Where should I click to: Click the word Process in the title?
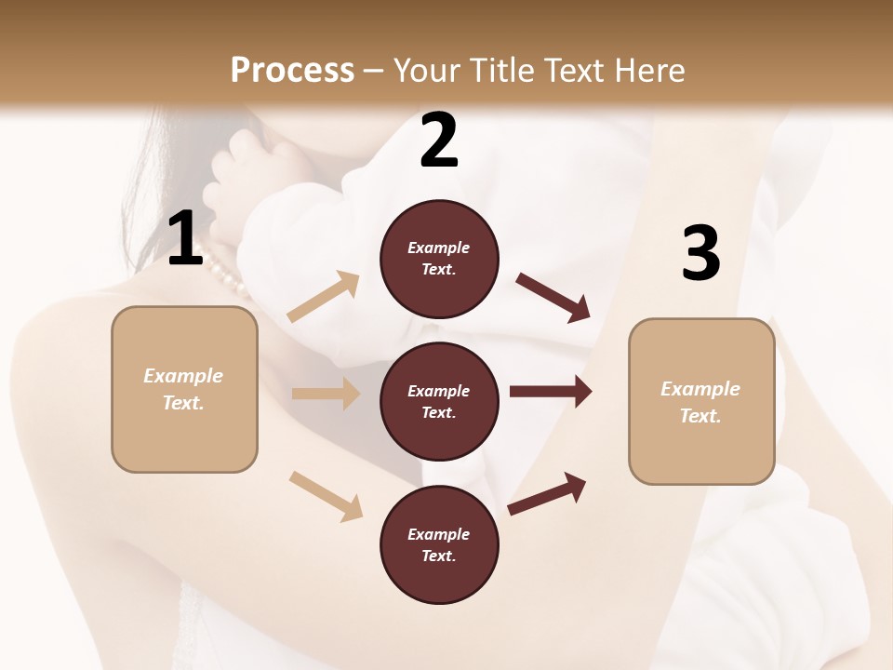292,71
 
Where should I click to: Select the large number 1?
185,239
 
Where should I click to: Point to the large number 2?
439,141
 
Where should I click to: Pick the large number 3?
700,253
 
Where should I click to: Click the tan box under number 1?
184,389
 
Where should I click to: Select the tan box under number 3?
701,402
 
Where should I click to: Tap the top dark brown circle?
439,259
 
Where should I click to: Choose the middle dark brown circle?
439,402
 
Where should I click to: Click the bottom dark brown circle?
439,545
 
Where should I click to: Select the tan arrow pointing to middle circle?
326,394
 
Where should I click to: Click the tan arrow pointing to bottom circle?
326,496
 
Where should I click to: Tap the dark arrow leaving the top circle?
553,297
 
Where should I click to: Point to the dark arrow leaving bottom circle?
547,494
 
